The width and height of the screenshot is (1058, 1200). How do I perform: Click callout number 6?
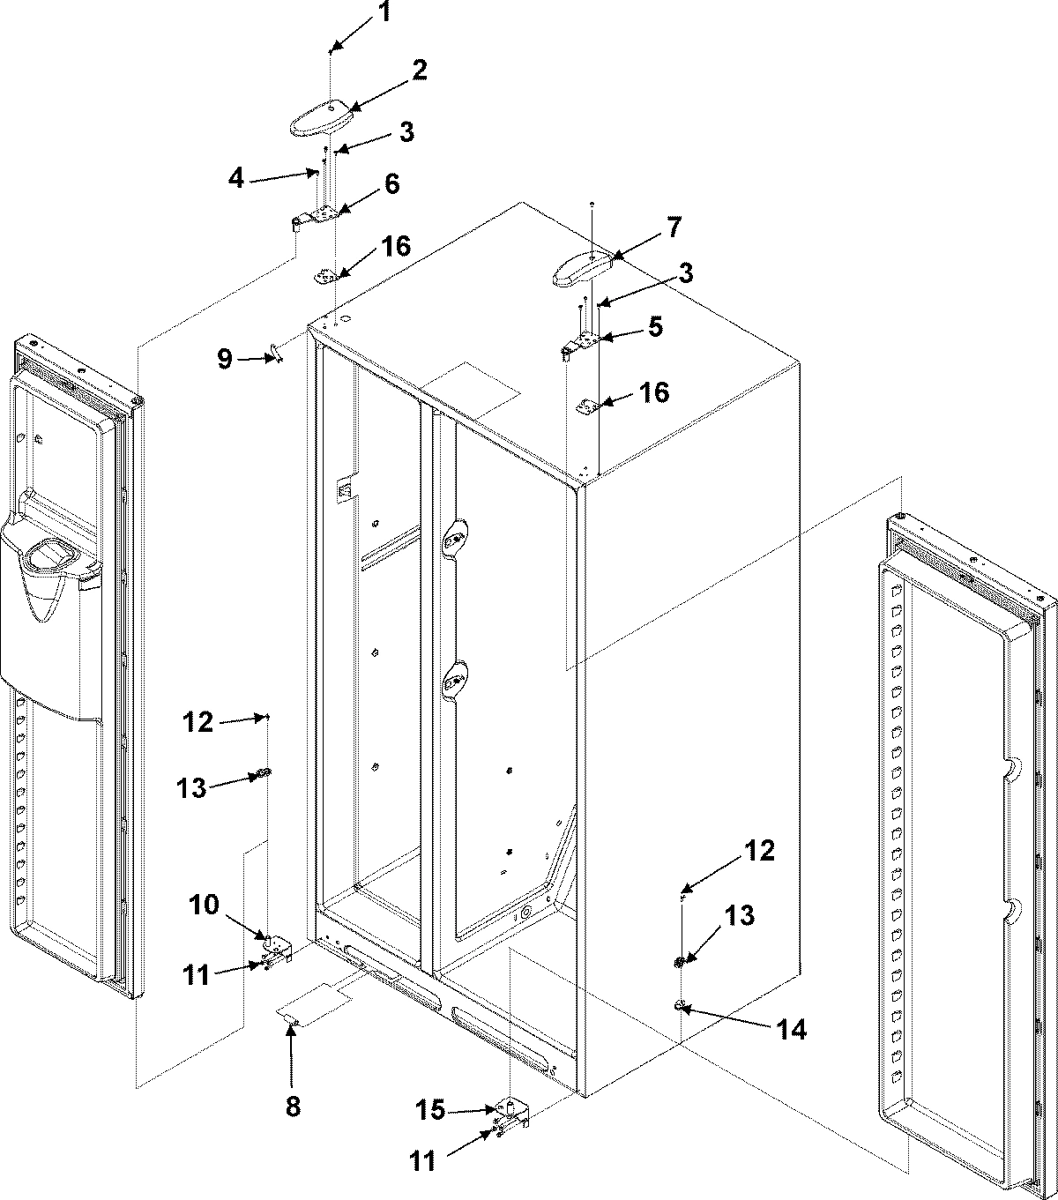(390, 183)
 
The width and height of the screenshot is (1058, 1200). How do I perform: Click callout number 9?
(225, 359)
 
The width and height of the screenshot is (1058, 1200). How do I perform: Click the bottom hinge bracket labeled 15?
(511, 1112)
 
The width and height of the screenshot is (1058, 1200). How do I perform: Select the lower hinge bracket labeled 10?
(277, 946)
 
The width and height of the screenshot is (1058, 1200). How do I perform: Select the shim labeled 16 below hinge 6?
(329, 277)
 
